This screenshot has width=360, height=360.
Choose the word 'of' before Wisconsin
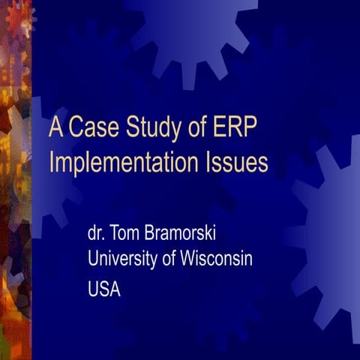pyautogui.click(x=169, y=259)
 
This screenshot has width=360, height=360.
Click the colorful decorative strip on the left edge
pyautogui.click(x=15, y=180)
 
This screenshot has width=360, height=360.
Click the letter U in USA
pyautogui.click(x=93, y=289)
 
